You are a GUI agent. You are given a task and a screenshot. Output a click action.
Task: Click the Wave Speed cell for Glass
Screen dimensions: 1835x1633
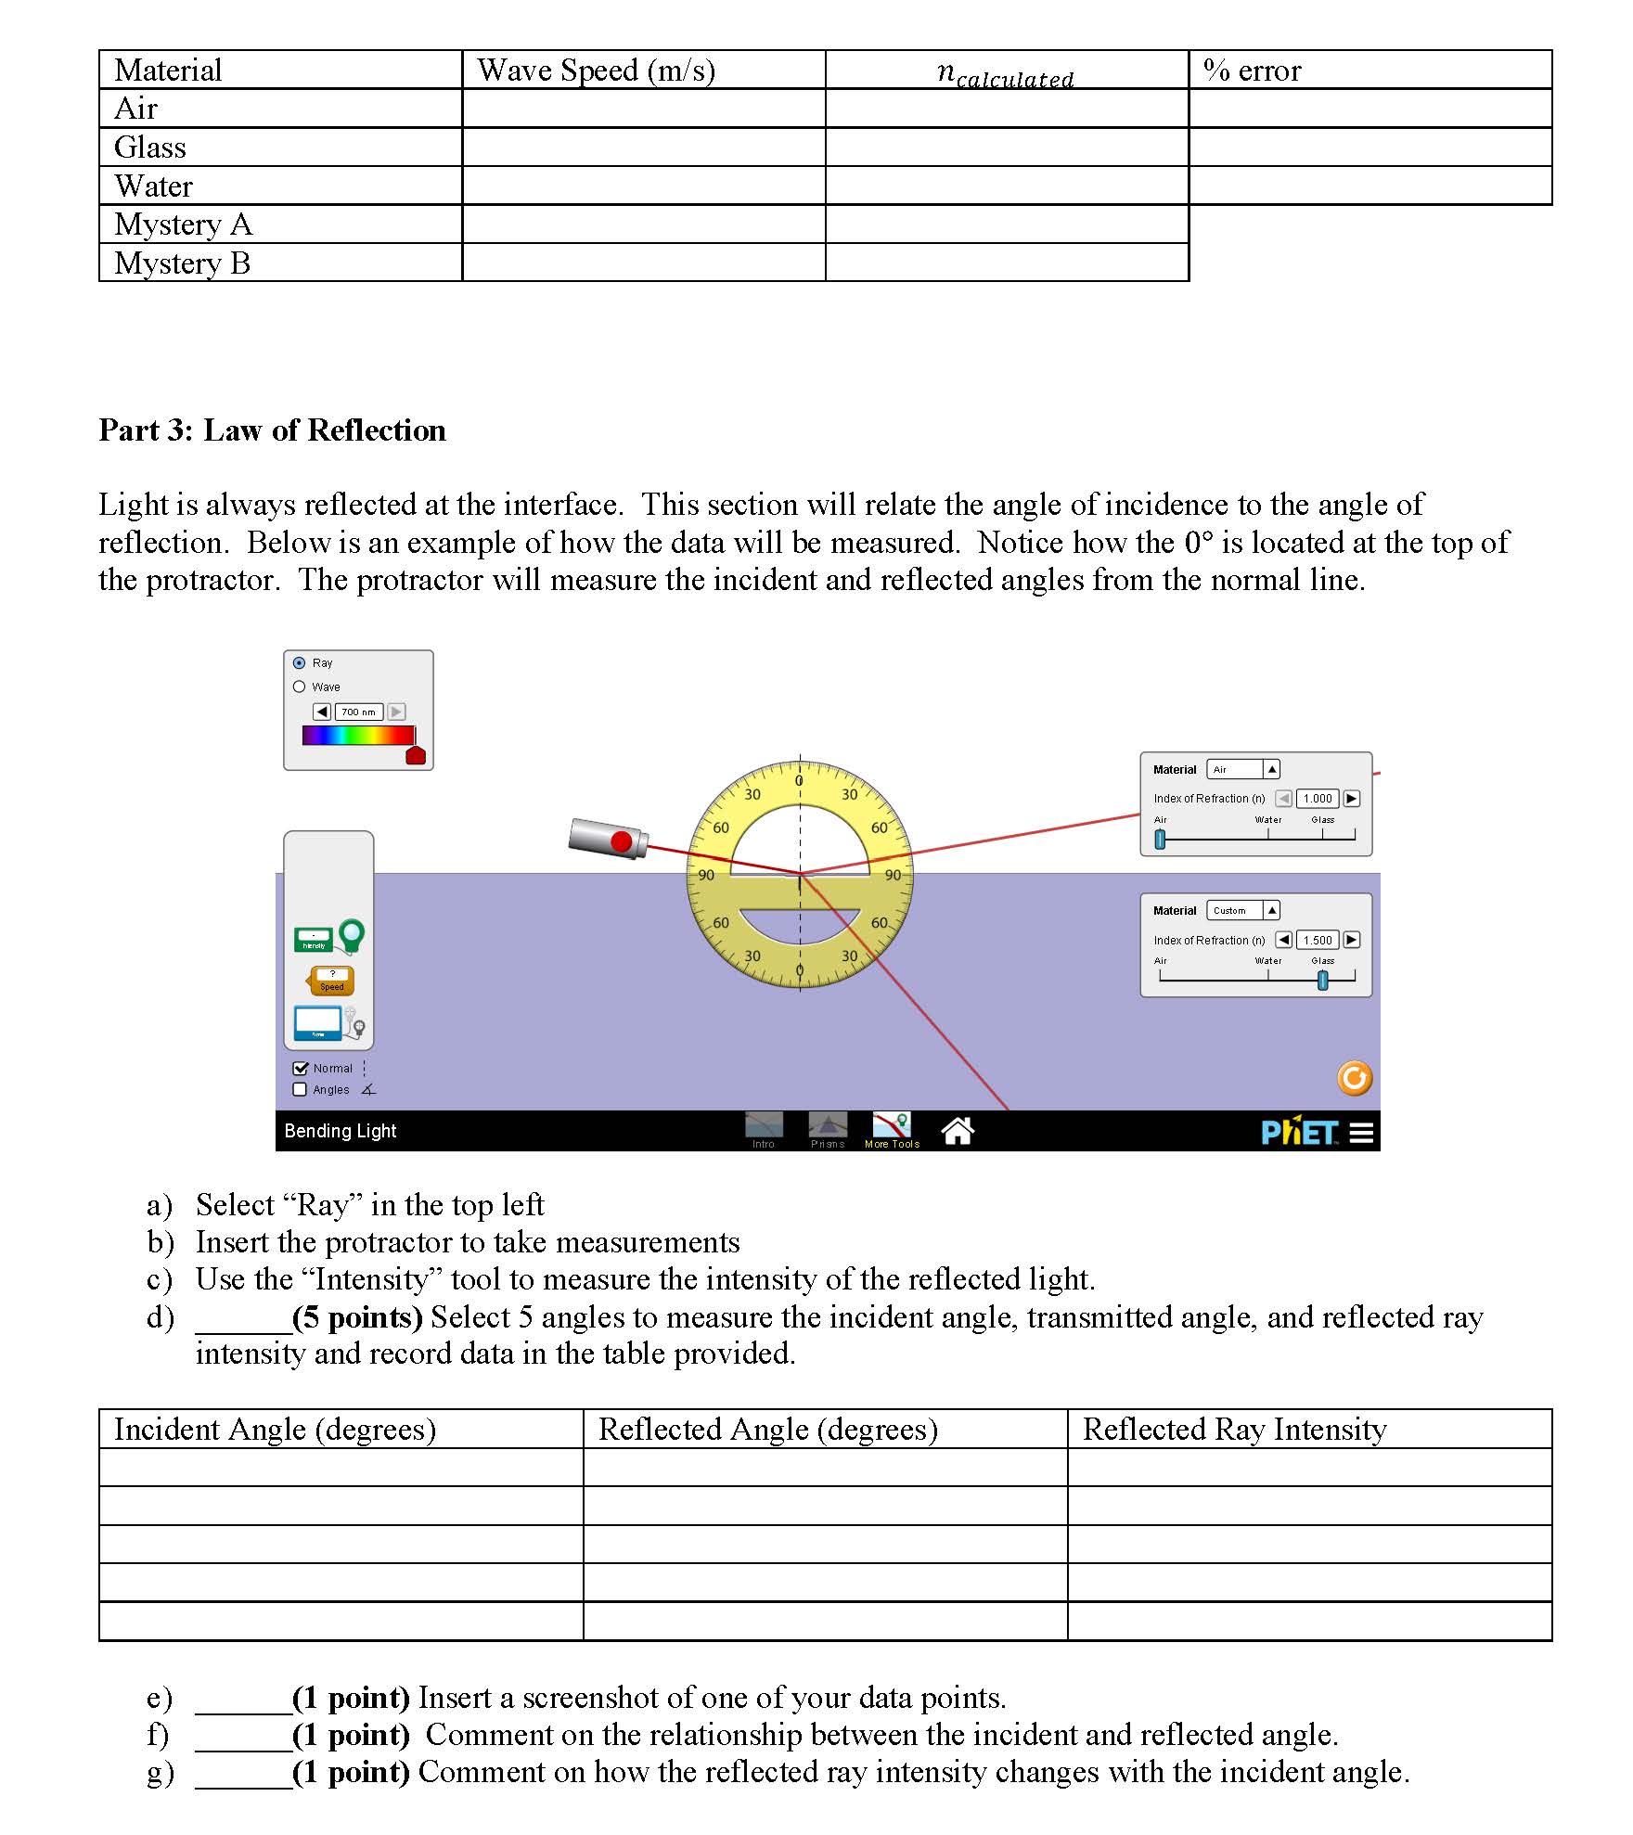coord(643,148)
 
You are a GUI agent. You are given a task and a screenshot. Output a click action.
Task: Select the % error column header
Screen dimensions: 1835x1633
coord(1252,71)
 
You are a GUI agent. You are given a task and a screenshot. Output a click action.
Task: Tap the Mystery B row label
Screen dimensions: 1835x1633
coord(182,263)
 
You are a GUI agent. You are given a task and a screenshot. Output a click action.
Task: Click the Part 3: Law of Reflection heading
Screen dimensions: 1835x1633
coord(272,430)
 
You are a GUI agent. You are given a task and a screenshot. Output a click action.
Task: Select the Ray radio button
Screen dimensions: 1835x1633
coord(299,663)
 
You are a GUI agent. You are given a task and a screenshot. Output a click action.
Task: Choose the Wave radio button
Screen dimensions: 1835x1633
coord(299,687)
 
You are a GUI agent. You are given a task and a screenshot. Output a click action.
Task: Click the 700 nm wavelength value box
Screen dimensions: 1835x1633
coord(358,712)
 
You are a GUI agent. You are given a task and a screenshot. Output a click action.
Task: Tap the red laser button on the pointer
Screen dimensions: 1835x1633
coord(621,842)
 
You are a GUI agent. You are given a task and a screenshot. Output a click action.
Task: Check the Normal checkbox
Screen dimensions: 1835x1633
coord(300,1069)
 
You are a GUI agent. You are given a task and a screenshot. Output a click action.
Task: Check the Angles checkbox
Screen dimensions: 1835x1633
coord(300,1090)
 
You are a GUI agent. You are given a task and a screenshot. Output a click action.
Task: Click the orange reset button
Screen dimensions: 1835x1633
coord(1354,1078)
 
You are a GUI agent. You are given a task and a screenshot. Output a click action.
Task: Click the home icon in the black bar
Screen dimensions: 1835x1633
coord(957,1131)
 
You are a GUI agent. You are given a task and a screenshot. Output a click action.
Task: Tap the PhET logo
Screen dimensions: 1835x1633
coord(1299,1133)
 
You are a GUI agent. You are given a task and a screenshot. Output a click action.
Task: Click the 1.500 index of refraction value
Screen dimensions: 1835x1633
coord(1318,941)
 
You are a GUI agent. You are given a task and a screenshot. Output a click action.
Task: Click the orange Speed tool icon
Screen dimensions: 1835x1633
coord(331,981)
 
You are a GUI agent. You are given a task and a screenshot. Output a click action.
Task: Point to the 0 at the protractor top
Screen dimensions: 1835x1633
coord(799,781)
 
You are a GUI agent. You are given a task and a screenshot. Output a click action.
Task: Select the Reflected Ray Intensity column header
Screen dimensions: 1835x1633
coord(1234,1430)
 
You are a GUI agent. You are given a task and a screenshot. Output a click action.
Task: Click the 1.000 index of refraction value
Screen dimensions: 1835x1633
coord(1318,799)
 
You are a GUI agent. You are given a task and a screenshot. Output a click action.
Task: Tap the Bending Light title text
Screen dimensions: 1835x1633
coord(340,1131)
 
